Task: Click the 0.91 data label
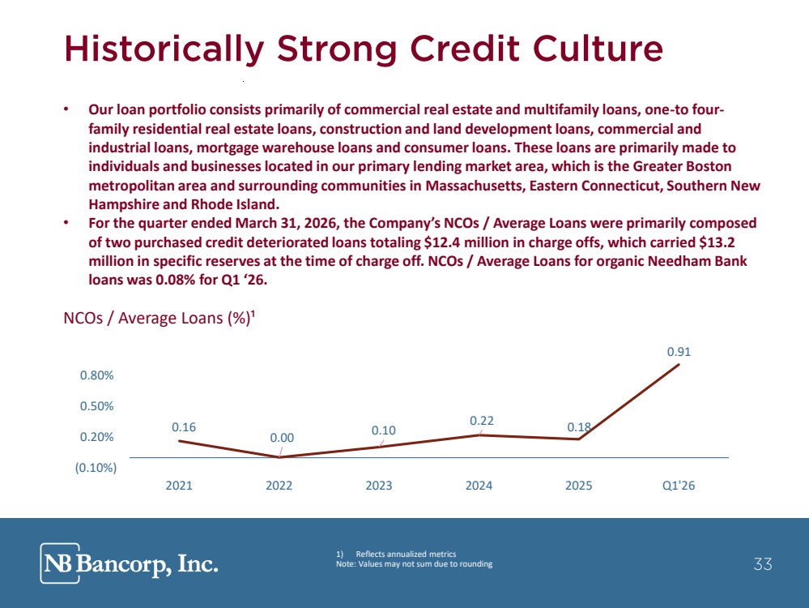click(679, 352)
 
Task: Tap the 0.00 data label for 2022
click(282, 438)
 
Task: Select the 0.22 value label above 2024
click(481, 421)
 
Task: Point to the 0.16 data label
click(184, 427)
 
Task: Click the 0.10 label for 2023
click(383, 430)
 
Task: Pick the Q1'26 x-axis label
click(679, 486)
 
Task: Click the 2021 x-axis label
click(178, 486)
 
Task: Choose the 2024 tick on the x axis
click(479, 486)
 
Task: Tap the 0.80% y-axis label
click(96, 375)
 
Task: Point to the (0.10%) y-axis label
click(96, 468)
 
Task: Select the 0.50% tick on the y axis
click(96, 406)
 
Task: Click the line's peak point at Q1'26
click(679, 364)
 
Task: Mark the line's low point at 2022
click(279, 457)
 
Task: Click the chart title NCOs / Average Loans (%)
click(160, 318)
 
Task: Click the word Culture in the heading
click(598, 49)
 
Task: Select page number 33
click(763, 563)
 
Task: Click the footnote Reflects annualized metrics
click(406, 554)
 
